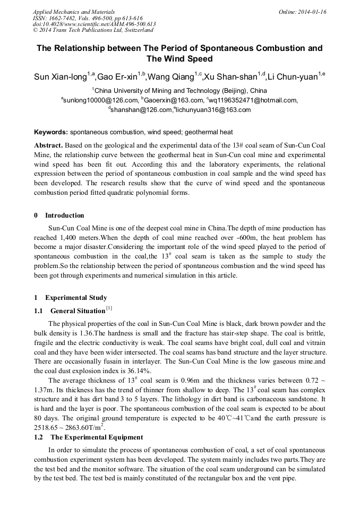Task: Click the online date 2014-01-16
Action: click(x=310, y=12)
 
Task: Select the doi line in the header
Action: click(x=94, y=24)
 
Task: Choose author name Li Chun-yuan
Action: click(x=292, y=77)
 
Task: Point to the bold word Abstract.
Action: click(x=49, y=145)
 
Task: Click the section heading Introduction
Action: click(x=64, y=215)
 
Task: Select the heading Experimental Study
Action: click(x=76, y=298)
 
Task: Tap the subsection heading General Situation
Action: click(x=78, y=311)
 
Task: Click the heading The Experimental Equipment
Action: click(x=97, y=437)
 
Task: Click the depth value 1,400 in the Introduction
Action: click(x=71, y=238)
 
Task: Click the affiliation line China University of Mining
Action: click(x=181, y=90)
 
